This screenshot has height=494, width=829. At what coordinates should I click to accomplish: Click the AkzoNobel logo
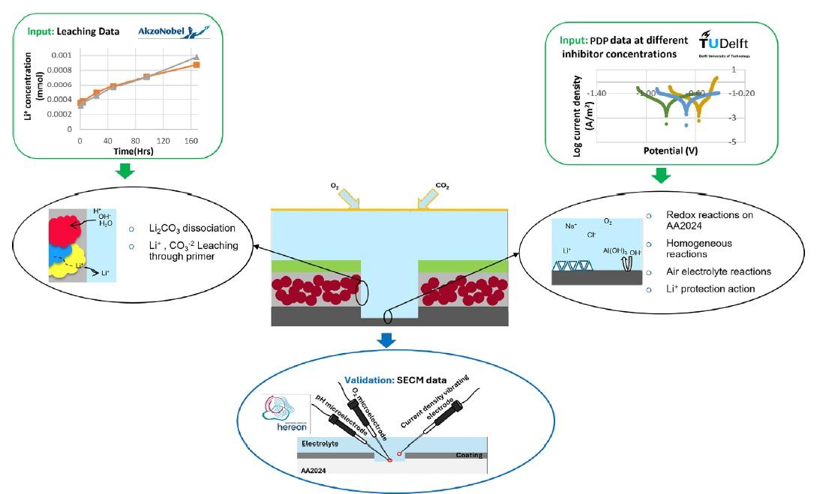point(174,31)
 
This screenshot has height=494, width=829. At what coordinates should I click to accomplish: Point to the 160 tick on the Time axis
point(191,140)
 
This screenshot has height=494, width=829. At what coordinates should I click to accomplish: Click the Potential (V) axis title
point(670,150)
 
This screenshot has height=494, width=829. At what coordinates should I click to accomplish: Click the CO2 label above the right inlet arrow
point(443,185)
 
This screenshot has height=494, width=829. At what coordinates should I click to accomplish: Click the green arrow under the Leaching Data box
point(127,172)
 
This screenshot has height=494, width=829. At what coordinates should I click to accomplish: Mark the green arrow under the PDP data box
point(661,175)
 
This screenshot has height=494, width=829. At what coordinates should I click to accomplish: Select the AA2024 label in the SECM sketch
point(313,469)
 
